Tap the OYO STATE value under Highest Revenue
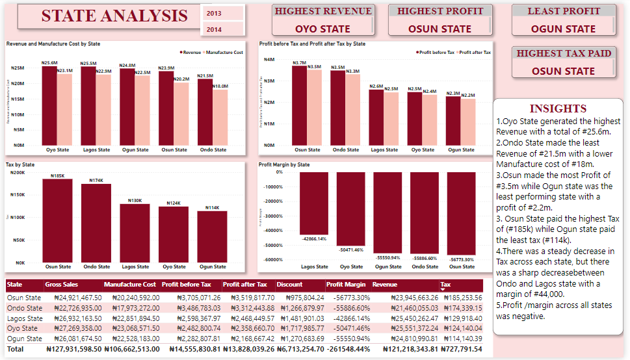[x=322, y=29]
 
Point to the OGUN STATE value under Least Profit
[x=563, y=29]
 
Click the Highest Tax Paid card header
[x=564, y=53]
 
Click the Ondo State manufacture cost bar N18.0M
[x=220, y=117]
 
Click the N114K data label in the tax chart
[x=213, y=207]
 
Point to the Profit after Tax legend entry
[x=474, y=52]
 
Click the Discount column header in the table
[x=289, y=285]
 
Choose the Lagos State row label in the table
[x=25, y=318]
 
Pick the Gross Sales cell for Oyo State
[x=73, y=329]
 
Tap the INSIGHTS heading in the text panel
[x=558, y=109]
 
